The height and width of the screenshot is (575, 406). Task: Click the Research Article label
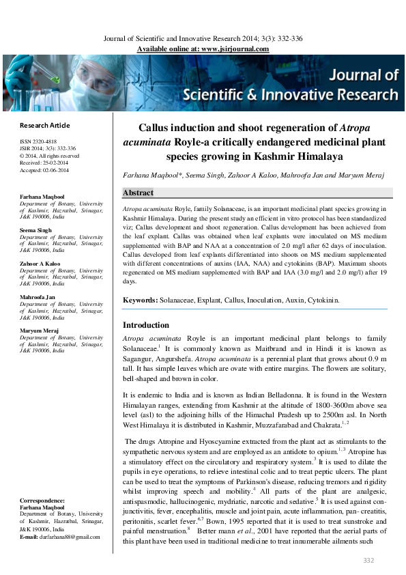click(44, 126)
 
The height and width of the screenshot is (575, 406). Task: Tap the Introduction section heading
click(145, 325)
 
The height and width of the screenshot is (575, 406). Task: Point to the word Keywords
click(139, 300)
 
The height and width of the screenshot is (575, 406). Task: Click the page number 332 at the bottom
click(369, 561)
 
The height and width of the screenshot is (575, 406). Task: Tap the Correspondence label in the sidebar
click(42, 501)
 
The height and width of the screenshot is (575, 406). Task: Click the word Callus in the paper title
click(156, 128)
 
